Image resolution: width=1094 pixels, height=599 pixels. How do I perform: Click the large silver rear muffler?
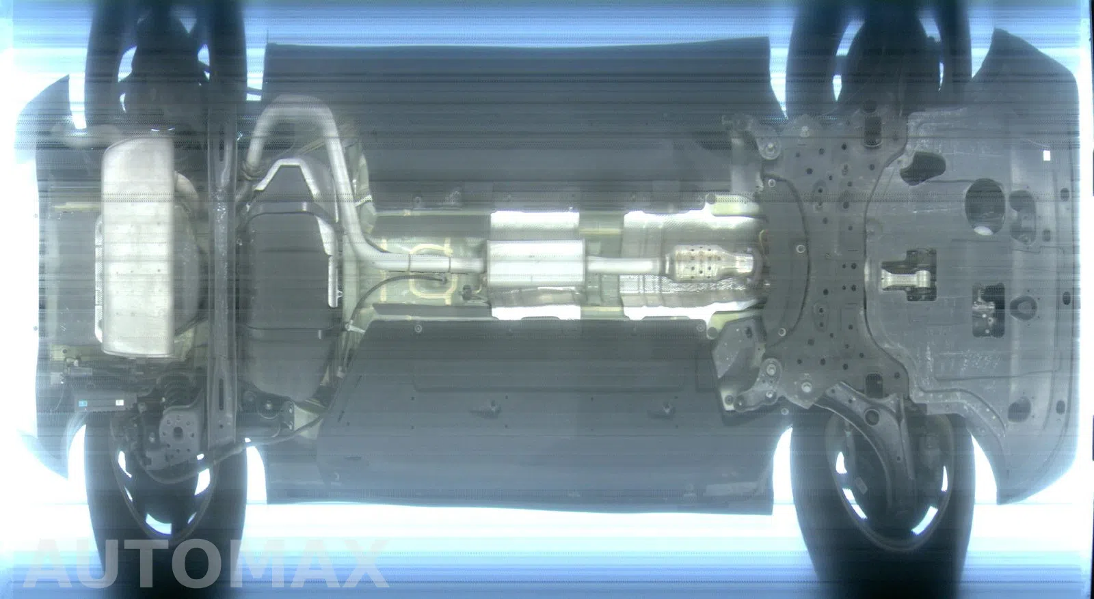[x=138, y=248]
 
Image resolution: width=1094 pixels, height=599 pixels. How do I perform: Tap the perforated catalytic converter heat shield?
[x=708, y=264]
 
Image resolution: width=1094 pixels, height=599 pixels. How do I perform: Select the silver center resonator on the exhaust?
[x=536, y=266]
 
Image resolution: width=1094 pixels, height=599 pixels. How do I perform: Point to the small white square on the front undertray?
[x=1047, y=156]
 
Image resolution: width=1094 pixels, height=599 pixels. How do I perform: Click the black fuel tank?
[x=288, y=293]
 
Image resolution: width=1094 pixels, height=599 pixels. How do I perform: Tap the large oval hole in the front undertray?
[x=985, y=205]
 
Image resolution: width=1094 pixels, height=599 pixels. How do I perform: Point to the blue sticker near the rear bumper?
[x=84, y=404]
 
